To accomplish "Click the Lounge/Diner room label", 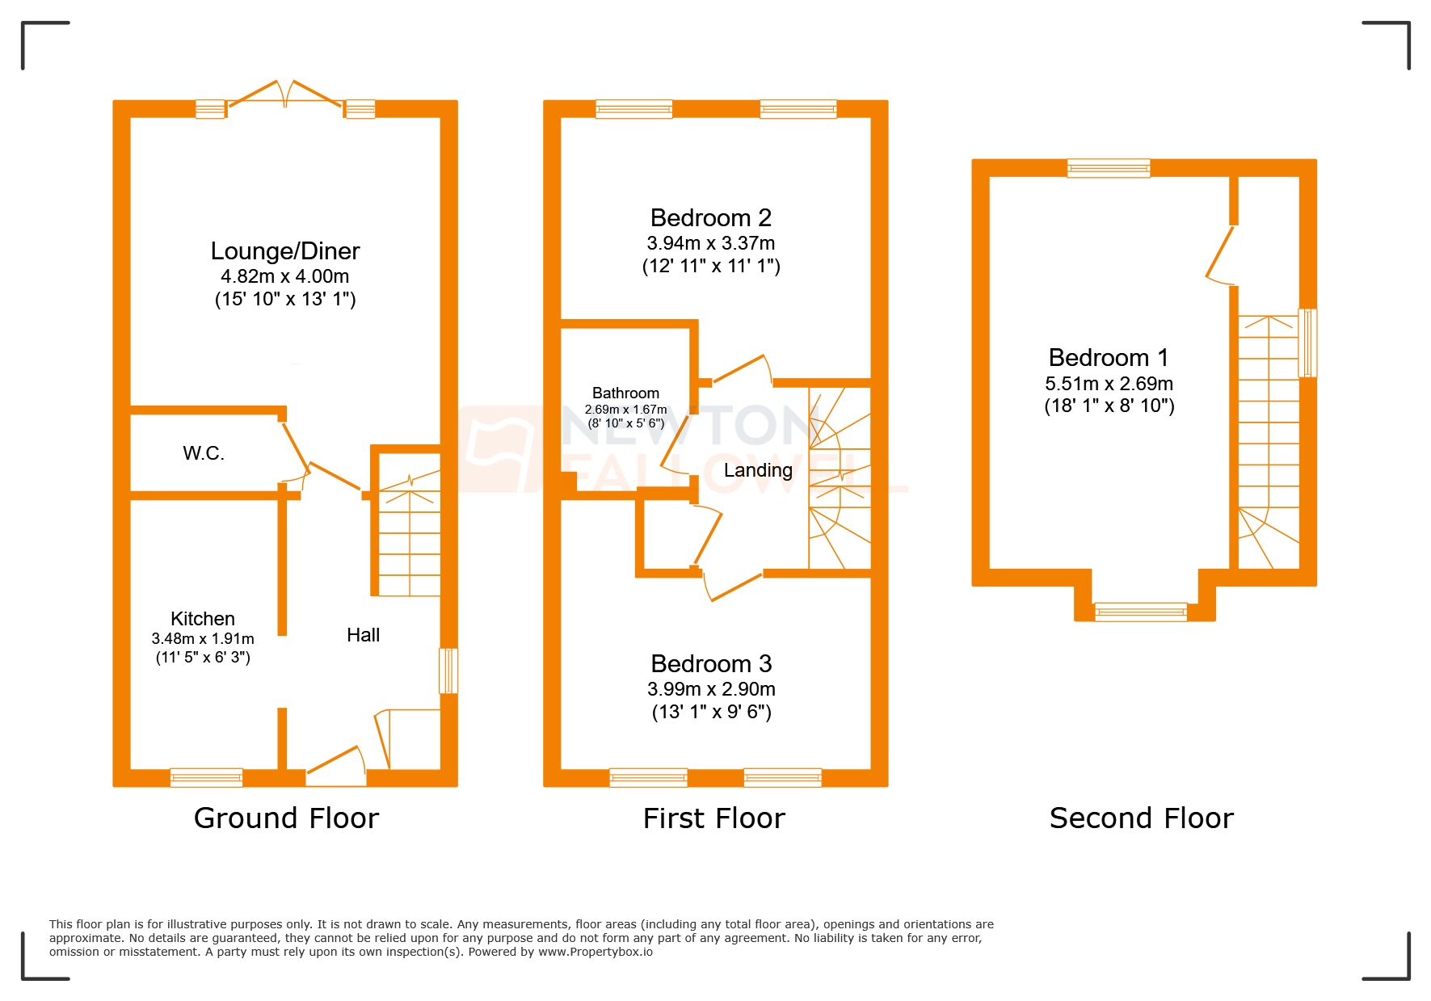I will pos(284,251).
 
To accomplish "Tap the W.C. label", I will pos(204,453).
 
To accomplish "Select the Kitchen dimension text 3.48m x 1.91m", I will pos(203,639).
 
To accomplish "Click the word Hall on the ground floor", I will pos(363,635).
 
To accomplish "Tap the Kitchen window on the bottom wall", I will pos(206,777).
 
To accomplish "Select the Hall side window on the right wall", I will pos(448,671).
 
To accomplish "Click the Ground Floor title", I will pos(286,818).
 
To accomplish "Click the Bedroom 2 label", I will pos(710,218).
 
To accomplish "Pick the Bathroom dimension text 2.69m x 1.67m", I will pos(625,410).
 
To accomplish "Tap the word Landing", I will pos(757,470).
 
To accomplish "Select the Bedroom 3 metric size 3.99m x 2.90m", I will pos(711,689).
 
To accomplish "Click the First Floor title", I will pos(713,818).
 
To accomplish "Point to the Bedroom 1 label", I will pos(1108,358).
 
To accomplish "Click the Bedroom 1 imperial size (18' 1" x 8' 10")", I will pos(1109,406).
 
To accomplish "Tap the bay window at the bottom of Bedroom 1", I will pos(1140,612).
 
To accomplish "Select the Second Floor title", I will pos(1141,818).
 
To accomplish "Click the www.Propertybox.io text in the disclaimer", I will pos(595,952).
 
